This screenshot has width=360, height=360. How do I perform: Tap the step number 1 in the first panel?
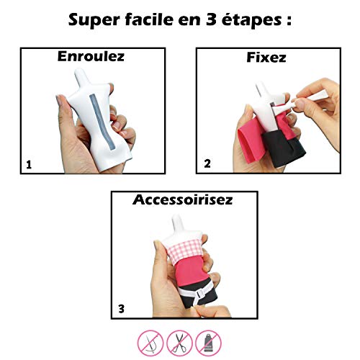point(28,164)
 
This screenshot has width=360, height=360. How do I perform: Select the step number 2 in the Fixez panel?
point(207,164)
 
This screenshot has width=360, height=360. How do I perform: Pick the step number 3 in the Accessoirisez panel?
point(120,310)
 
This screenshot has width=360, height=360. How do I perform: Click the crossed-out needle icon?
point(148,341)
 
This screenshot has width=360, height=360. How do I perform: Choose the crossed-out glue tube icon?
point(210,341)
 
